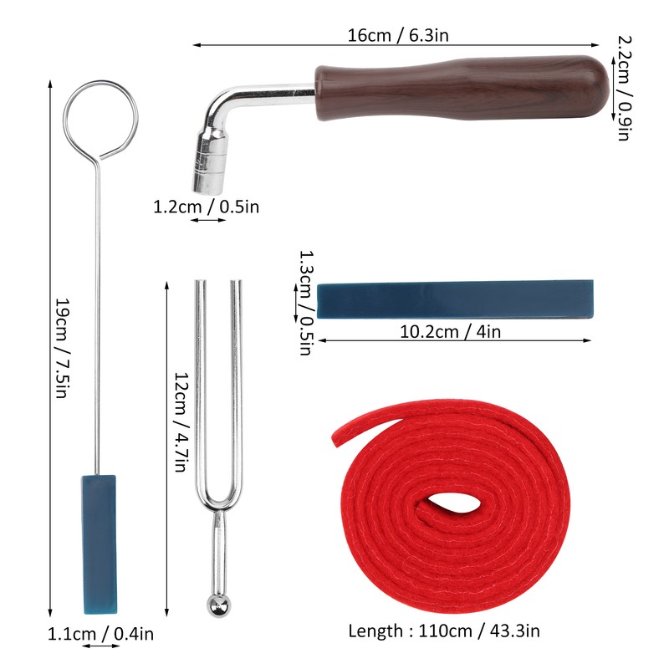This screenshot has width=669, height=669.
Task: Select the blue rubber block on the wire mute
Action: pyautogui.click(x=100, y=544)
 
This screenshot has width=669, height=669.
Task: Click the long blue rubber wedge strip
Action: pyautogui.click(x=456, y=299)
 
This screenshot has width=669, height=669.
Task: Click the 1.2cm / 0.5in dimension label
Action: pyautogui.click(x=206, y=206)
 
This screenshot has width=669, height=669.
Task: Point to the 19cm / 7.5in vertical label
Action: pyautogui.click(x=61, y=347)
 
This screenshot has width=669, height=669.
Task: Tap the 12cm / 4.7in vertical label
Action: pyautogui.click(x=179, y=422)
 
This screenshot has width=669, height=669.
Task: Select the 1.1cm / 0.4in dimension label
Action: pyautogui.click(x=100, y=634)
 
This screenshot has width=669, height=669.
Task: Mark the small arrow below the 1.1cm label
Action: pyautogui.click(x=100, y=646)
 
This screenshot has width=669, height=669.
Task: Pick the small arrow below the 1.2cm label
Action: pyautogui.click(x=206, y=221)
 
